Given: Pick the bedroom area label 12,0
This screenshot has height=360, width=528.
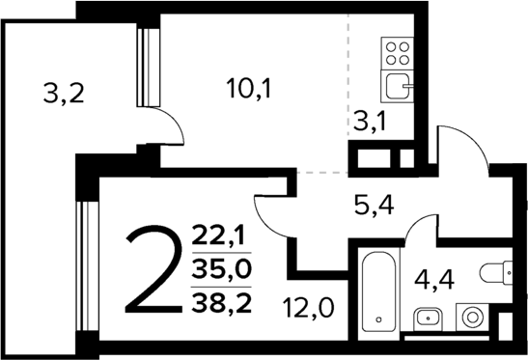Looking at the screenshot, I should [309, 310].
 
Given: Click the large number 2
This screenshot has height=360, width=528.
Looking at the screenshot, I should [153, 271].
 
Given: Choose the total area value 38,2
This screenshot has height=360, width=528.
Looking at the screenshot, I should [220, 304].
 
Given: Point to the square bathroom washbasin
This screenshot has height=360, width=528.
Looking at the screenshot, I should [427, 317].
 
